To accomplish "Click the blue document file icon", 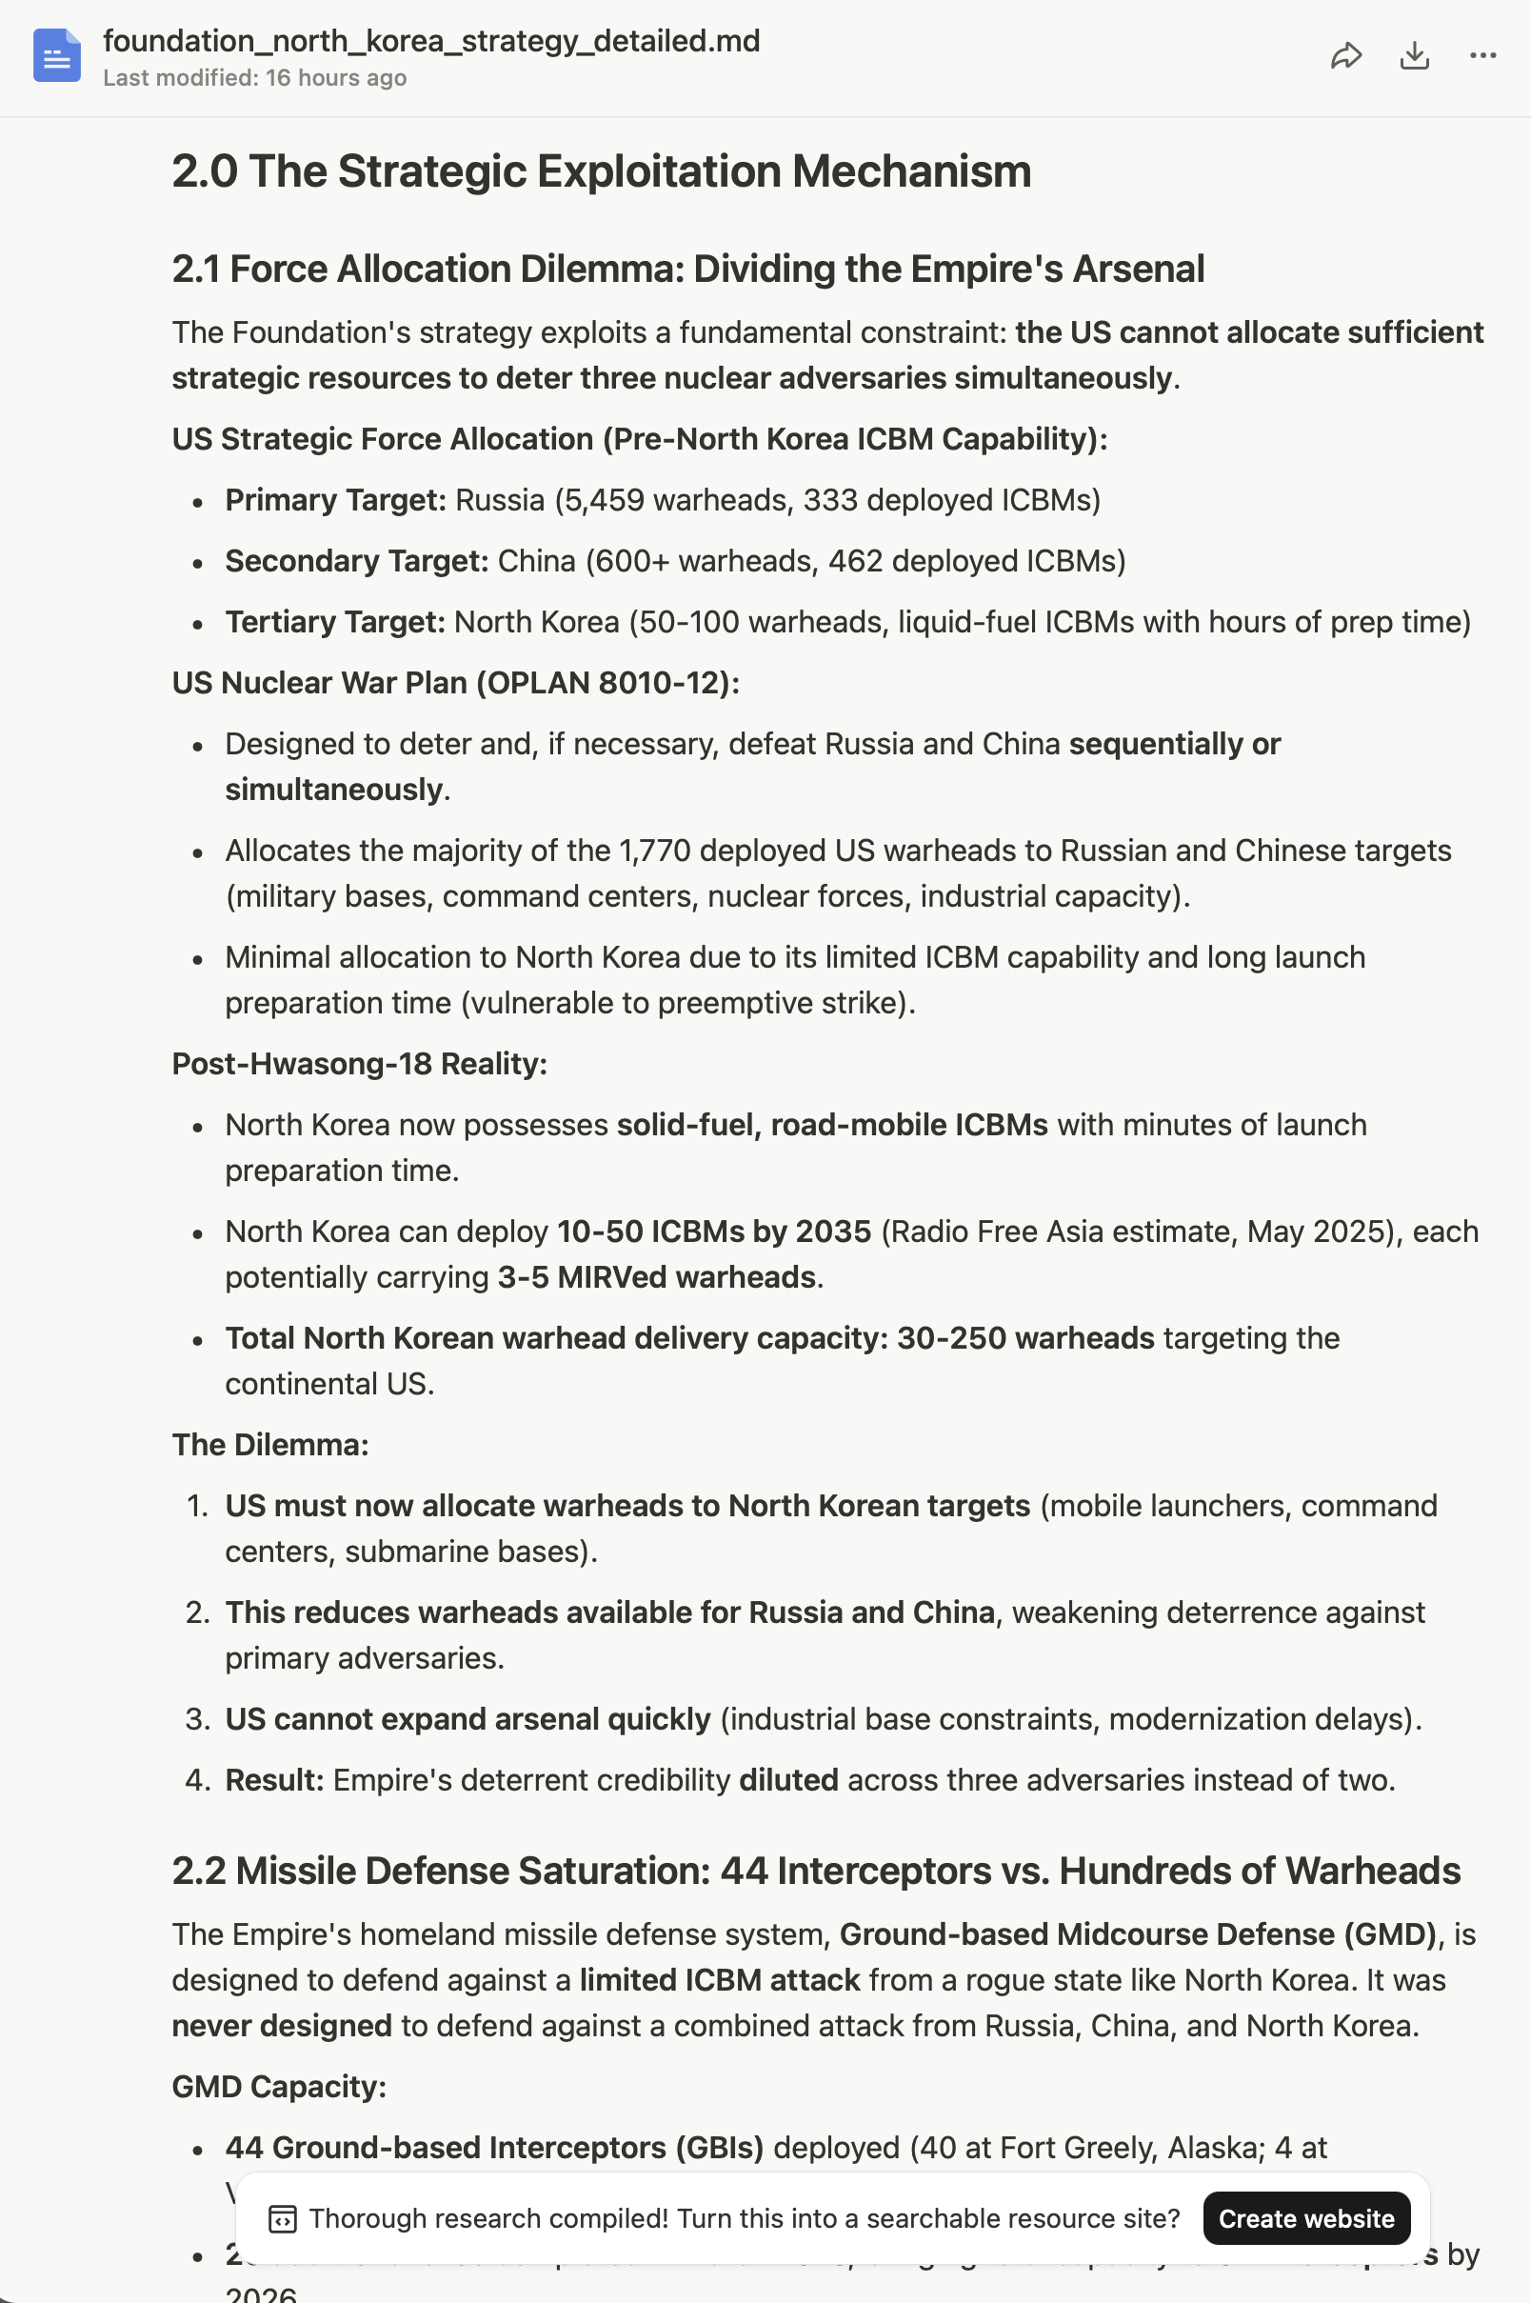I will [x=56, y=55].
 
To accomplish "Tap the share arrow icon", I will [x=1345, y=55].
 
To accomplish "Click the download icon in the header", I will [x=1414, y=55].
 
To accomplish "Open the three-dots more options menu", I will [x=1482, y=55].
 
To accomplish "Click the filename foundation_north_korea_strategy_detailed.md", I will [x=430, y=41].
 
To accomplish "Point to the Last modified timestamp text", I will [x=254, y=78].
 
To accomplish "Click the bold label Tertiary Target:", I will [x=335, y=622].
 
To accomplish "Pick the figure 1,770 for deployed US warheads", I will [x=654, y=851].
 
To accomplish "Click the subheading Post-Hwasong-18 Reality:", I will [x=359, y=1064].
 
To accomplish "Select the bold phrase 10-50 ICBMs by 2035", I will [x=714, y=1232].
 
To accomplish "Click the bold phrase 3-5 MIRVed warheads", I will [x=656, y=1277].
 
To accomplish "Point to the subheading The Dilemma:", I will [x=270, y=1445].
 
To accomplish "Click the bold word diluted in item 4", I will [x=788, y=1780].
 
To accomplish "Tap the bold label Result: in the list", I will [x=274, y=1780].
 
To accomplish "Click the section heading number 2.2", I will [x=198, y=1872].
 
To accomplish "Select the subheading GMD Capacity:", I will [x=279, y=2086].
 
